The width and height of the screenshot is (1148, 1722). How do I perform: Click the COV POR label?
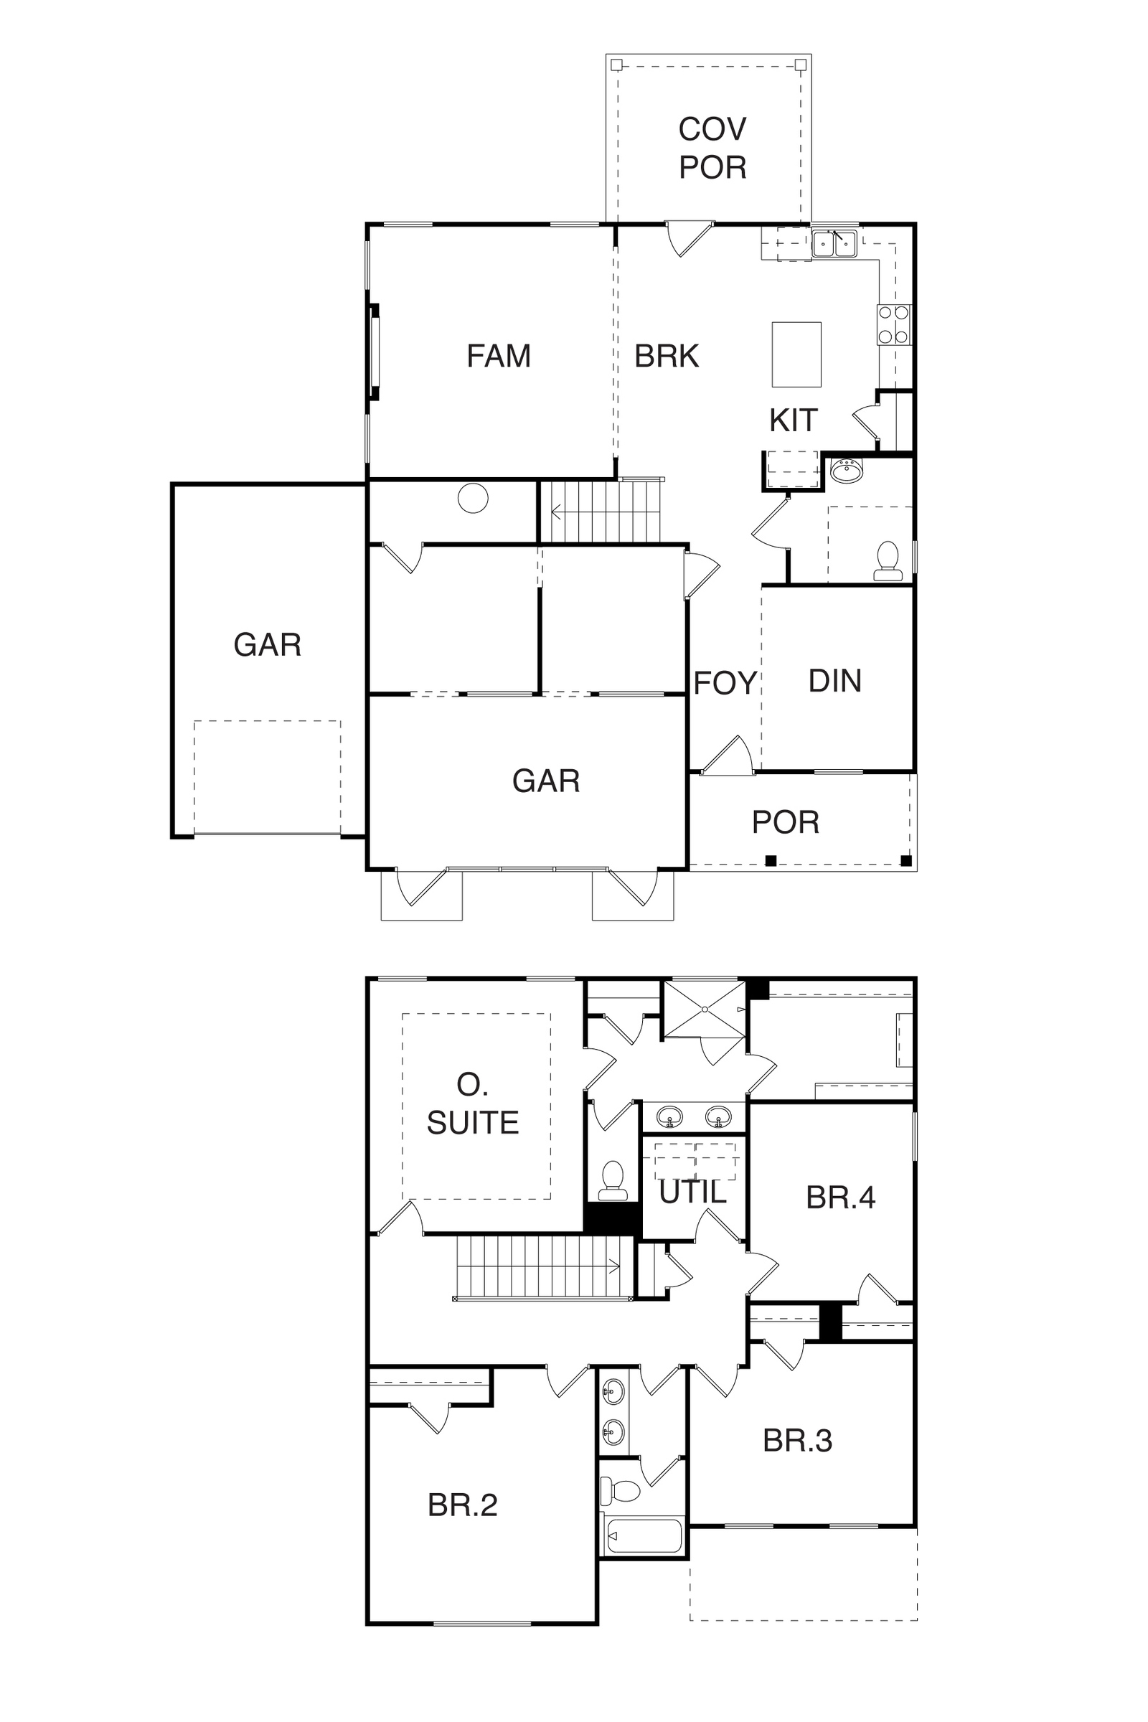[x=712, y=148]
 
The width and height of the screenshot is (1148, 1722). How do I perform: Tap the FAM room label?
[x=499, y=356]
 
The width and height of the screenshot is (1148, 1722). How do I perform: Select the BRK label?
[x=667, y=356]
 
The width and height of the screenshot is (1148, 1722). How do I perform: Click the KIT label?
[x=793, y=420]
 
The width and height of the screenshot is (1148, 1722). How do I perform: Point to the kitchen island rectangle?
[x=796, y=354]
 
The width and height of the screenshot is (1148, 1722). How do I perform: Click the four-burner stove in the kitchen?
[x=894, y=324]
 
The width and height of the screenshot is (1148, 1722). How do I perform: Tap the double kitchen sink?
[x=834, y=243]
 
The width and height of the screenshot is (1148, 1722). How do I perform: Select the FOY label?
[x=725, y=683]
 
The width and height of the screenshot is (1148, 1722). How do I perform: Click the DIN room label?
[x=834, y=681]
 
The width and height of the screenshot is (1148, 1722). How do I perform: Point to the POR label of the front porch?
[x=786, y=822]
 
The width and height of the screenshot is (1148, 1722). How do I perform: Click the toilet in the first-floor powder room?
[x=888, y=562]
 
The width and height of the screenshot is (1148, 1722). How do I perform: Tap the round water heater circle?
[x=473, y=499]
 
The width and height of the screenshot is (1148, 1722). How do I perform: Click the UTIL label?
[x=692, y=1192]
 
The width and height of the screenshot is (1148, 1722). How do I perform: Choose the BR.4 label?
[x=840, y=1198]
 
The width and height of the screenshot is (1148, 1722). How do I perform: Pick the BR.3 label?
[x=797, y=1441]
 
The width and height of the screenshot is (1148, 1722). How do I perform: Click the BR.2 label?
[x=463, y=1505]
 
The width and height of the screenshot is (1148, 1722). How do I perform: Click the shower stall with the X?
[x=705, y=1010]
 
